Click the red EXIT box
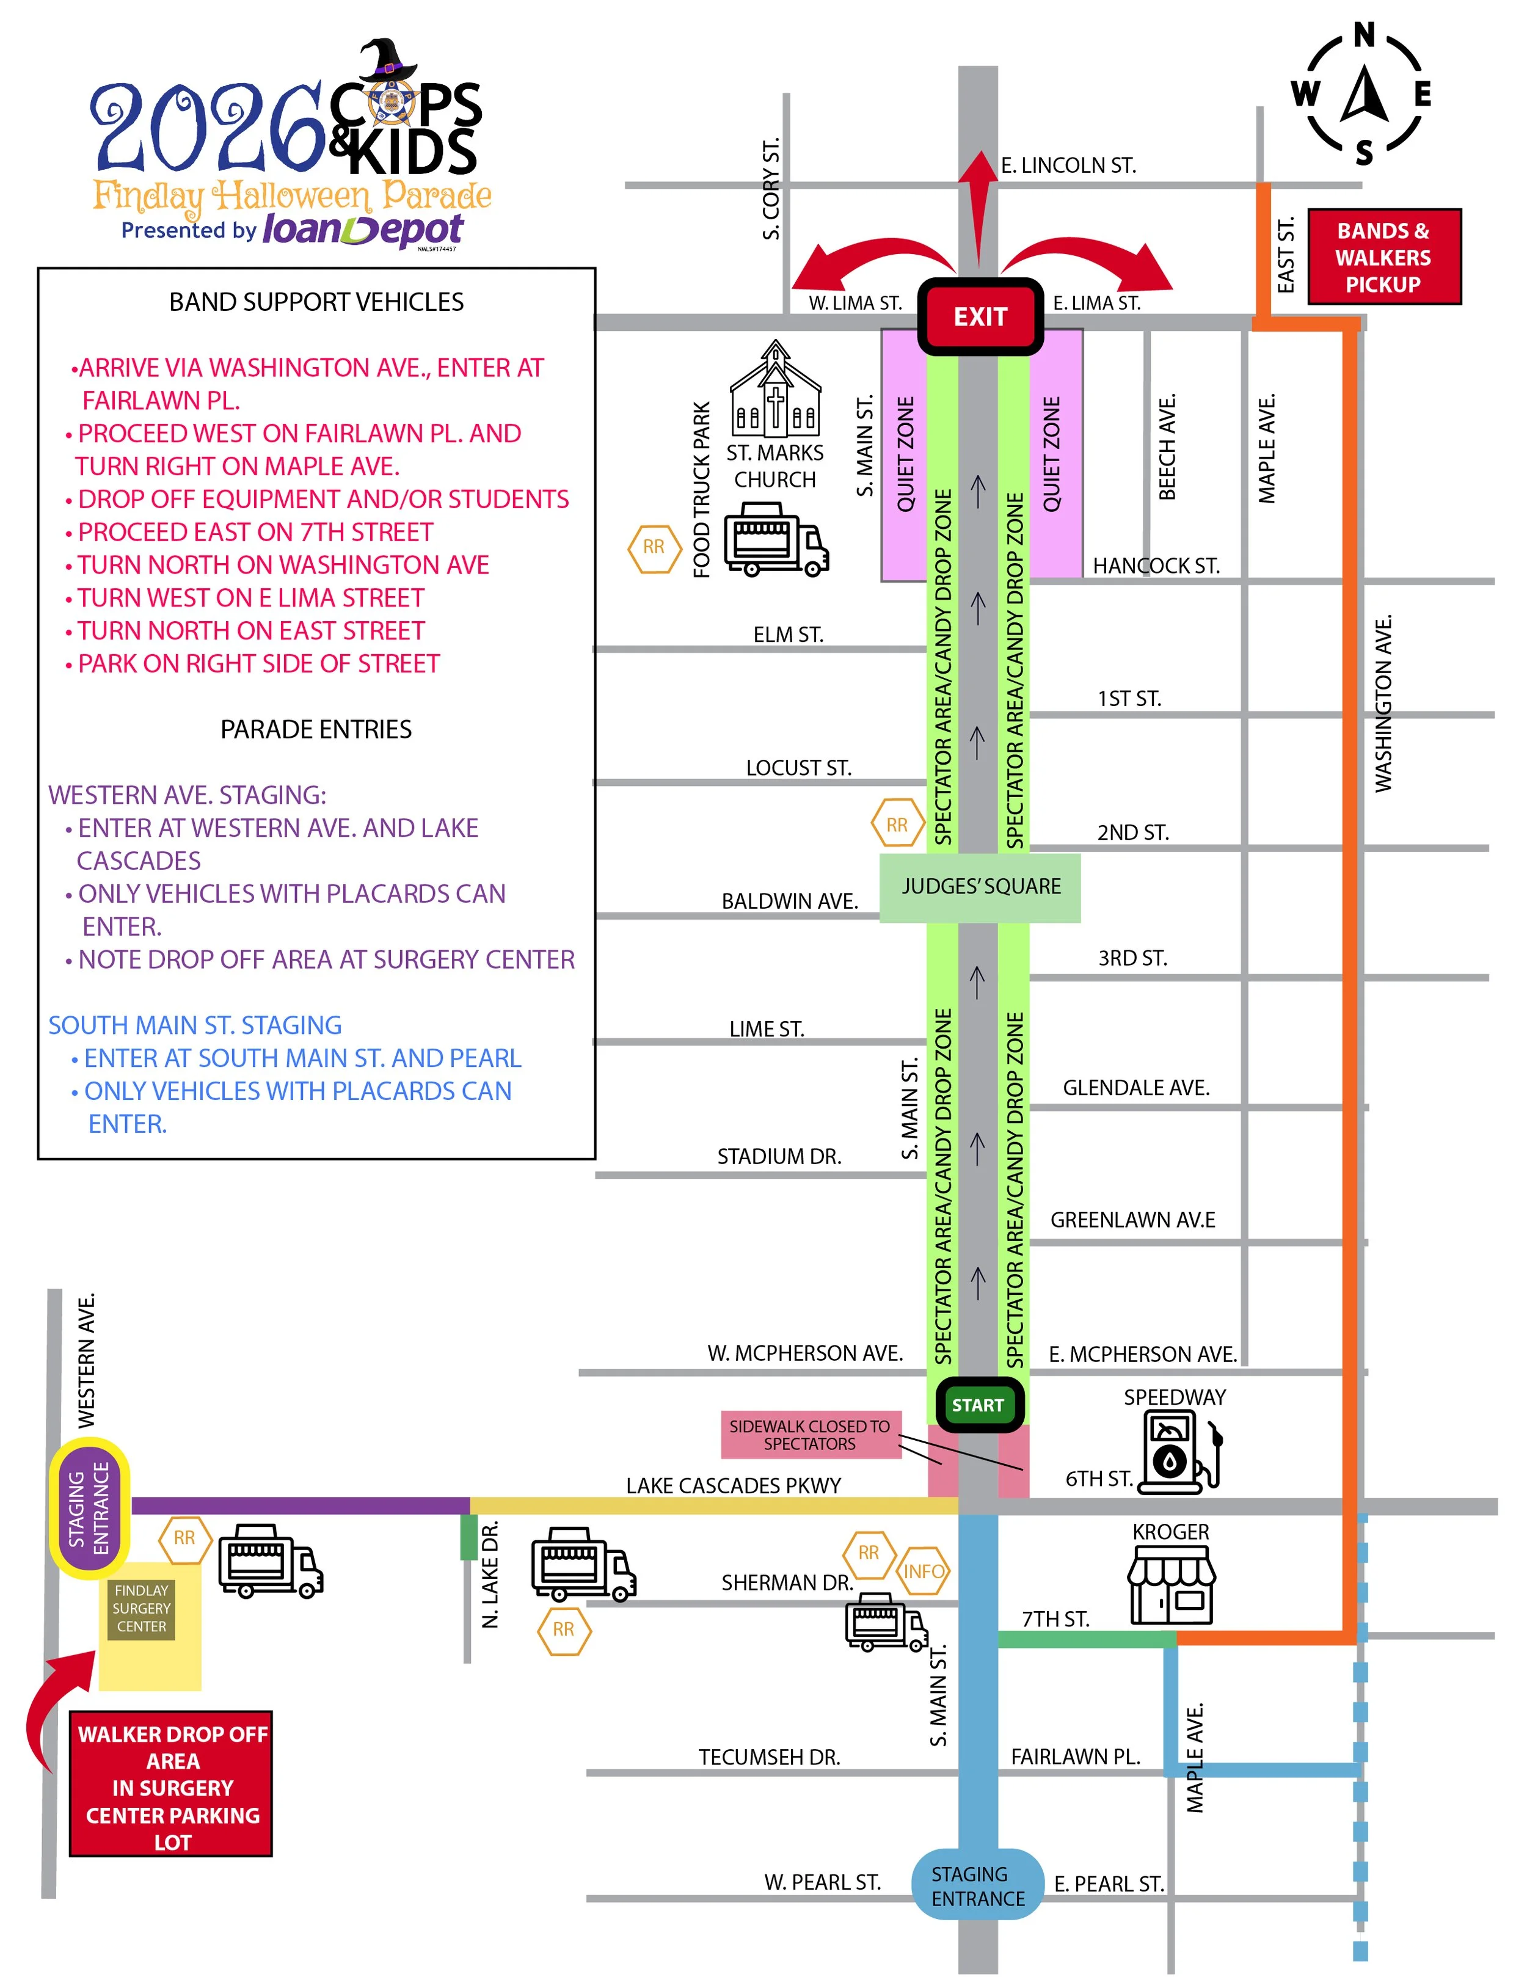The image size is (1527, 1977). point(980,316)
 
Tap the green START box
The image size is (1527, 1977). point(977,1404)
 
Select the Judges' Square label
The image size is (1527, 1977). point(980,886)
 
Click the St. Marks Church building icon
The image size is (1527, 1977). point(776,389)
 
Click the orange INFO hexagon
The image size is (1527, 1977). point(924,1571)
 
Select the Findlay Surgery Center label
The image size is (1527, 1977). point(141,1609)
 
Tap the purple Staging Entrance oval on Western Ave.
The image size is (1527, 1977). point(89,1508)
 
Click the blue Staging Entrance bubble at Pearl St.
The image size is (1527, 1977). point(977,1885)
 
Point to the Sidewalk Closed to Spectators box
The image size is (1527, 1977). point(810,1435)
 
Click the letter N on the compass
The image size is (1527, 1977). point(1364,35)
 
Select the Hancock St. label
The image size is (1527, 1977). point(1156,566)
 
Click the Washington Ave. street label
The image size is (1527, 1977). point(1383,704)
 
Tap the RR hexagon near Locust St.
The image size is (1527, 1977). point(896,825)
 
